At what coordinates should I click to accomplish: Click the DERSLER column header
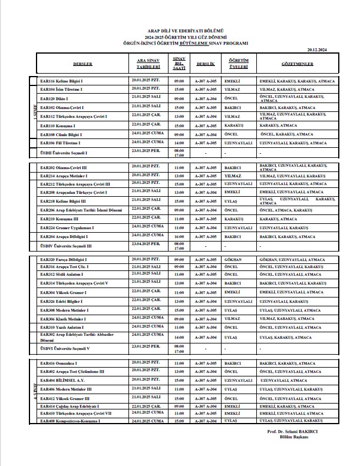coord(82,62)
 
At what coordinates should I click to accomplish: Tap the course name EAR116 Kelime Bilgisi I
coord(61,80)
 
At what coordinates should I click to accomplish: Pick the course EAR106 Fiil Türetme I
coord(60,143)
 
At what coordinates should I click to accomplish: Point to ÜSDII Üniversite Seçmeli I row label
coord(64,153)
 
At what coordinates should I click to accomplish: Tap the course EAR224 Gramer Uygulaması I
coord(66,227)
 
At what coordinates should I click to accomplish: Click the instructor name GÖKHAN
coord(234,259)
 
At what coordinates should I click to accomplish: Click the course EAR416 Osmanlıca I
coord(58,363)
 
